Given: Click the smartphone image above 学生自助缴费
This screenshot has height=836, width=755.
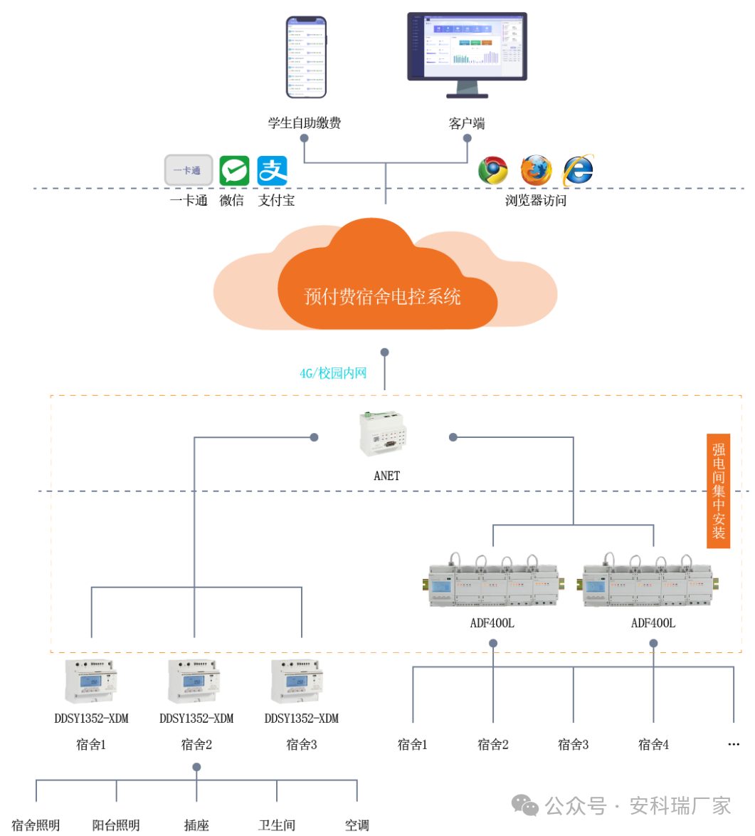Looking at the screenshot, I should pos(306,57).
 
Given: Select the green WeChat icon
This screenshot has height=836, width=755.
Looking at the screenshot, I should pos(234,171).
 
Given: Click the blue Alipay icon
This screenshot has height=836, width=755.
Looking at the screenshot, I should pos(272,171).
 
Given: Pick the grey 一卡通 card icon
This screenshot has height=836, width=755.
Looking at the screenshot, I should pos(189,170).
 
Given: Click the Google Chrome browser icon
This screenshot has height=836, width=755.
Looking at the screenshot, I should pos(492,171).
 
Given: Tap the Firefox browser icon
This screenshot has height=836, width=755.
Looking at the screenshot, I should pos(535,171).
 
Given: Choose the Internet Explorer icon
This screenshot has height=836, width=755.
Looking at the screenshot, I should pos(578,171).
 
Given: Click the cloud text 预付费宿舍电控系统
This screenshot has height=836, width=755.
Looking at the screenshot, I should pos(383,296).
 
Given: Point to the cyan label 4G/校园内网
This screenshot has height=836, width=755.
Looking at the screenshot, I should pos(333,373).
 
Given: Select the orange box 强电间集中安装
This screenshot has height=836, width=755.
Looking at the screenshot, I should pos(719,491).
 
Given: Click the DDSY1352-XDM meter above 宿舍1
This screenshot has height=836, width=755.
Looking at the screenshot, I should pos(91,680).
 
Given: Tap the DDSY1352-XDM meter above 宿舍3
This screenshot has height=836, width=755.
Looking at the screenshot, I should pos(301,680).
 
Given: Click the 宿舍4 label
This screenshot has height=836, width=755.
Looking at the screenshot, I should pos(653,745).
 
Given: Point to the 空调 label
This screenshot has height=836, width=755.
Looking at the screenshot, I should pos(357,825).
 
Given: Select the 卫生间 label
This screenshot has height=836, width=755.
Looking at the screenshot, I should pos(277,825).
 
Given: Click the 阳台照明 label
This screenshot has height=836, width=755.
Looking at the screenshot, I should pos(116,825).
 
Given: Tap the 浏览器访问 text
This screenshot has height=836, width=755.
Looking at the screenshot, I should pos(536,201).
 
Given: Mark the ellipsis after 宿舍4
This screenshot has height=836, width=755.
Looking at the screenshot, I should pos(734,745).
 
